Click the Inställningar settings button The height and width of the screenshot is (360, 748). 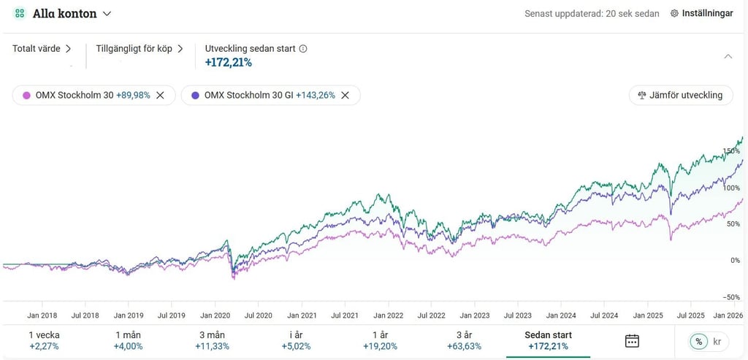click(701, 13)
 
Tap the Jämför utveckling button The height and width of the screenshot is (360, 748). click(680, 95)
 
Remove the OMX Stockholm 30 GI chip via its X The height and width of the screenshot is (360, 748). click(346, 95)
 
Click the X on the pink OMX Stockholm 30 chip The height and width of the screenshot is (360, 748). click(161, 95)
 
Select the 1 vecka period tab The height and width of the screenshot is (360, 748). click(44, 340)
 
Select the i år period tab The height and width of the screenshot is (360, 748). click(296, 340)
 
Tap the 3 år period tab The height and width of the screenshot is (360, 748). click(464, 340)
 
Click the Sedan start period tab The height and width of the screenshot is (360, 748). click(548, 340)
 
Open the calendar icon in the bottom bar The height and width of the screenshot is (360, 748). click(633, 341)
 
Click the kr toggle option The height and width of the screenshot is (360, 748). click(717, 341)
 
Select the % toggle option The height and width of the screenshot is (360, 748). click(699, 341)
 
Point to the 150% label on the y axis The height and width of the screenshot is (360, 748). click(731, 151)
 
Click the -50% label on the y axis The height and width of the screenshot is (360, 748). click(730, 297)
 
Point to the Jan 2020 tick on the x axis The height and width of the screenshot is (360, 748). click(215, 315)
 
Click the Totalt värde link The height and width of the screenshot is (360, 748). click(42, 49)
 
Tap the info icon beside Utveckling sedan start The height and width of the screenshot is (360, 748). click(303, 49)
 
